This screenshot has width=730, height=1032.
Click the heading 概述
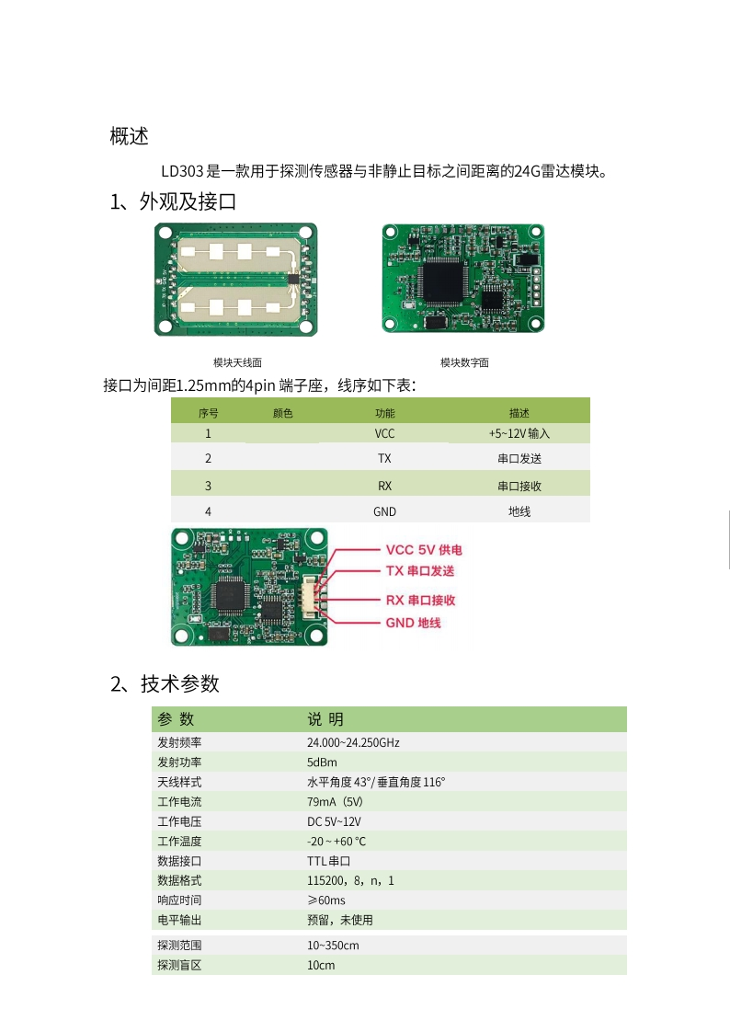point(129,136)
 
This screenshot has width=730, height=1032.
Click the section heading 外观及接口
point(188,201)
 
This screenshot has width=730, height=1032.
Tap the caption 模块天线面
point(237,362)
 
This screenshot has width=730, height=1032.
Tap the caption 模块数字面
point(464,362)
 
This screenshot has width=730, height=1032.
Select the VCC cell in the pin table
point(384,434)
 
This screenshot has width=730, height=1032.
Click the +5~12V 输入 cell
point(519,434)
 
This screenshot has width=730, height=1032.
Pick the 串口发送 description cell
point(519,459)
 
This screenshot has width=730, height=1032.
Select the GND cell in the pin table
point(384,511)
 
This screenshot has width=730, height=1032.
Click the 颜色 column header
point(283,413)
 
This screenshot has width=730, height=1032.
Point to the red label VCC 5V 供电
point(424,550)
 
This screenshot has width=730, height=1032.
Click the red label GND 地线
point(413,623)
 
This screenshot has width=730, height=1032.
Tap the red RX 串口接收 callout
point(420,601)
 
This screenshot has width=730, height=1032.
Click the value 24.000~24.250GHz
point(353,742)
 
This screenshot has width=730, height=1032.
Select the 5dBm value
point(323,763)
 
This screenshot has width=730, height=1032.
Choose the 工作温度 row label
point(179,841)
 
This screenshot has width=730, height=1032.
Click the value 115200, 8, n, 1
point(350,880)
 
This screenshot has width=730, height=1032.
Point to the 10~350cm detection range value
point(333,946)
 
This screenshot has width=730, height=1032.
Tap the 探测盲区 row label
point(179,966)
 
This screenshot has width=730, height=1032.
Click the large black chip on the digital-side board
point(442,281)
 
